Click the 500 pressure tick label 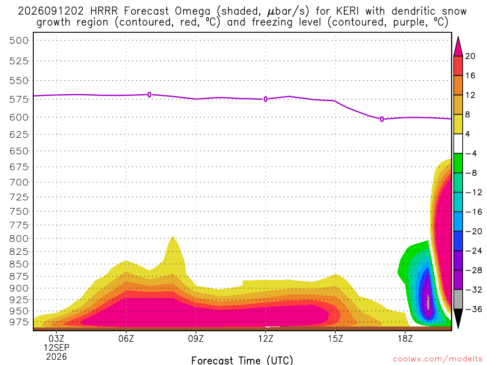point(19,41)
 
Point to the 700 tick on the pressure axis point(19,182)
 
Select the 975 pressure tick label point(19,322)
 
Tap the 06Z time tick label point(126,338)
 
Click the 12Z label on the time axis point(266,338)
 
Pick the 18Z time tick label point(405,338)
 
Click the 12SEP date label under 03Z point(57,347)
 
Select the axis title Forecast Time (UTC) point(242,360)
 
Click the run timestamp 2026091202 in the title point(50,11)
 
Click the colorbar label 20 point(470,56)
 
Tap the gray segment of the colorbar point(458,299)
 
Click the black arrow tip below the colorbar point(458,328)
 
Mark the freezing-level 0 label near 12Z point(265,99)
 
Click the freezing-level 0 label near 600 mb point(382,119)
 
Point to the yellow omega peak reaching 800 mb point(173,237)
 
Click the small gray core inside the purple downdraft point(429,302)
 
